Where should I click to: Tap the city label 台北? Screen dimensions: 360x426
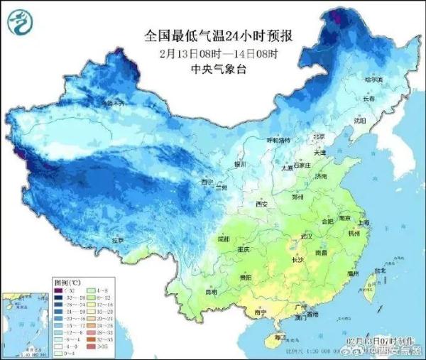pos(380,270)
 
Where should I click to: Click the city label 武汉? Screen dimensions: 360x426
pos(306,235)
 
